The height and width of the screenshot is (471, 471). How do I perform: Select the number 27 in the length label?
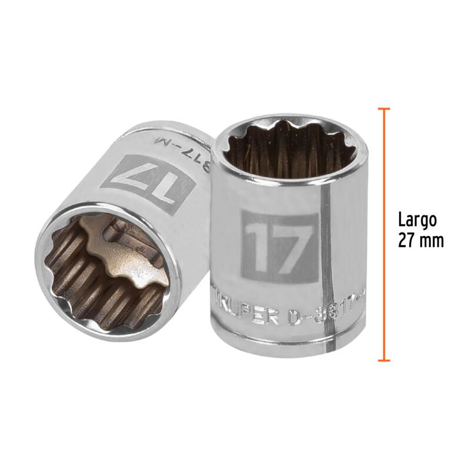406,241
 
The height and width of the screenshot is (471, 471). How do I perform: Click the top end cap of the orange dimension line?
384,110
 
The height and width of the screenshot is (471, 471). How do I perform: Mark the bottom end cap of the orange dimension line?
384,360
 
